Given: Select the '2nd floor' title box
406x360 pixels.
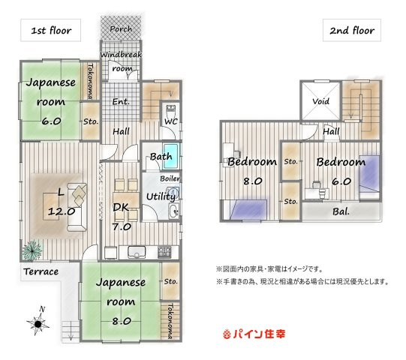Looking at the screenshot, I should point(352,31).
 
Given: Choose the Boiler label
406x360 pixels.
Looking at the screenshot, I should point(169,178).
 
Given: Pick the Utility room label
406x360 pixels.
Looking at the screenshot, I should point(161,196).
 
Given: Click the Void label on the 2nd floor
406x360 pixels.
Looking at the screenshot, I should point(320,100).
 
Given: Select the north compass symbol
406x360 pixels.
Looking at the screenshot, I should point(39,322).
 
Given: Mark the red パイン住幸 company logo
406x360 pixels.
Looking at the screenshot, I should point(254,333).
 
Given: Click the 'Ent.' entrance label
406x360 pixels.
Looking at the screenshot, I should point(121,101).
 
